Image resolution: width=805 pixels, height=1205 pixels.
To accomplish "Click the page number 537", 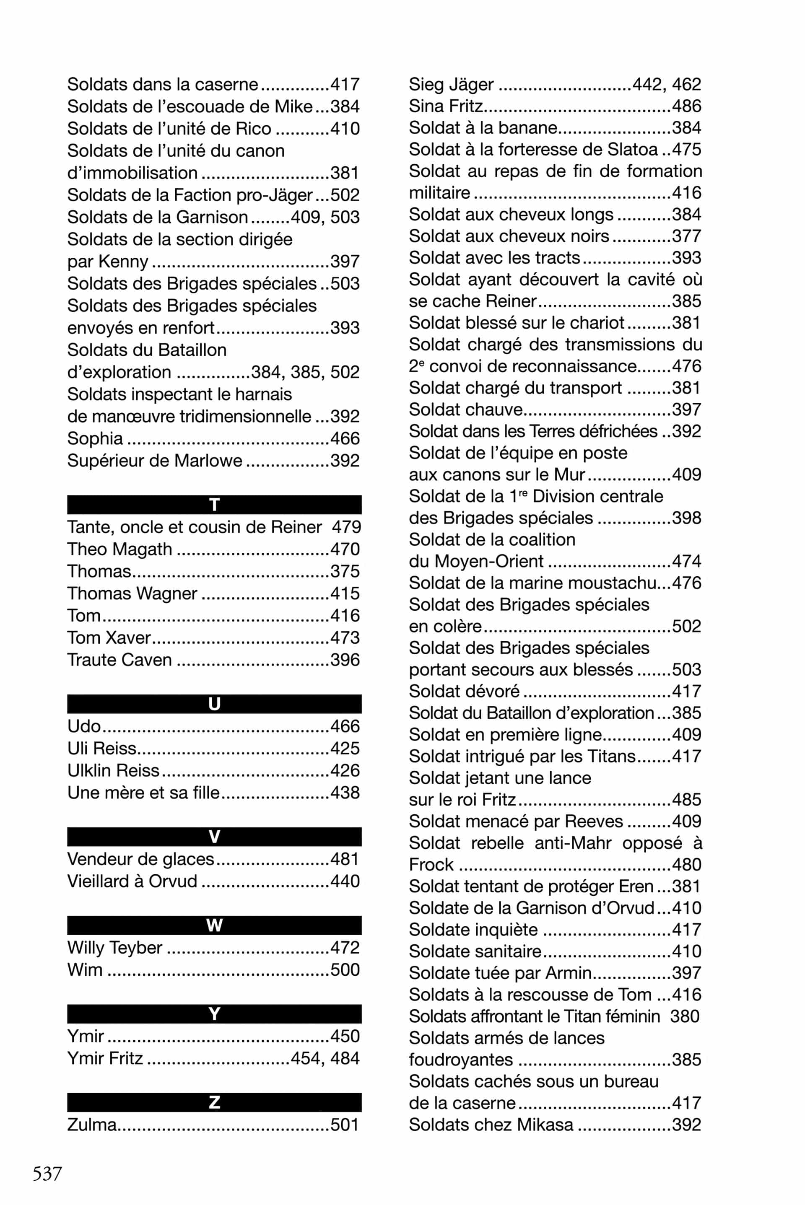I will pyautogui.click(x=47, y=1173).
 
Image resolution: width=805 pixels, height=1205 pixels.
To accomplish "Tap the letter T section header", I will pyautogui.click(x=214, y=505).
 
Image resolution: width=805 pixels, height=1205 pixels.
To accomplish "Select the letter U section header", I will pyautogui.click(x=214, y=704).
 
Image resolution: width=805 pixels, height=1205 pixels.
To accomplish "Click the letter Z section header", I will pyautogui.click(x=214, y=1102).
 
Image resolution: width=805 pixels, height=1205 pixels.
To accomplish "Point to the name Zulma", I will pyautogui.click(x=92, y=1125).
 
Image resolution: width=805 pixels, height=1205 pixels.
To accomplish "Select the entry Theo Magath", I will pyautogui.click(x=119, y=549).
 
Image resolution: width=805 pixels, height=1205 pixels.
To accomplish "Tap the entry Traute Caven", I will pyautogui.click(x=119, y=659).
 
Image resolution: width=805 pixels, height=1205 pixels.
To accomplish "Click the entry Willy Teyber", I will pyautogui.click(x=114, y=947).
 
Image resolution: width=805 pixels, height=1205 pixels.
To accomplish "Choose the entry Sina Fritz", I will pyautogui.click(x=446, y=106).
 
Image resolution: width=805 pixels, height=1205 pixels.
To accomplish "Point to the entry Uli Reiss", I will pyautogui.click(x=101, y=748).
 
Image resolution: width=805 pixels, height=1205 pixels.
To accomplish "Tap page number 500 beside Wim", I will pyautogui.click(x=345, y=969).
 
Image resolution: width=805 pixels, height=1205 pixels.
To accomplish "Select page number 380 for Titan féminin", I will pyautogui.click(x=685, y=1016).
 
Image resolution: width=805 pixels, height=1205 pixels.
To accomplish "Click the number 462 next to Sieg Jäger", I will pyautogui.click(x=686, y=84).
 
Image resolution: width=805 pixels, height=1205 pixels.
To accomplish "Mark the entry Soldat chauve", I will pyautogui.click(x=465, y=409).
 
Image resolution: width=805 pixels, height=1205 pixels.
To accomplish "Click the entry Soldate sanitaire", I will pyautogui.click(x=475, y=951).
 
